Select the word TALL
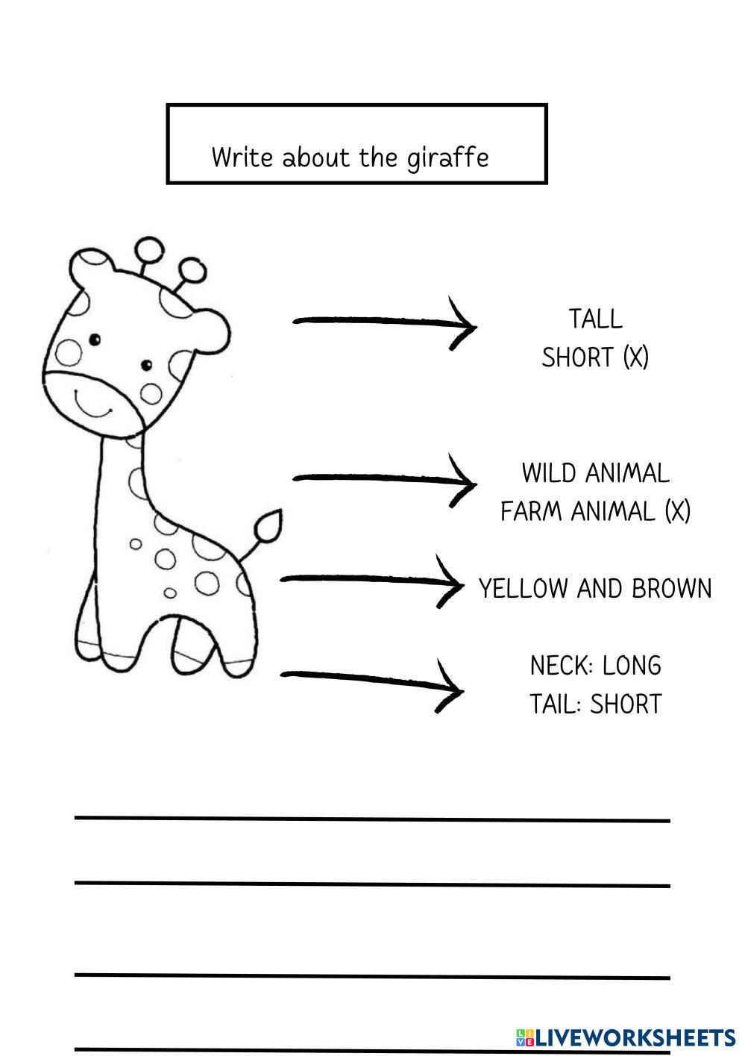point(595,319)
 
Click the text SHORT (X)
point(595,357)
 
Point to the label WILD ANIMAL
point(595,473)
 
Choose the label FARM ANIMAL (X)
point(595,511)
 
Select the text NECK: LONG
point(595,665)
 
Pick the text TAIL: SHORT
point(595,704)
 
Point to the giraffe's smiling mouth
point(93,406)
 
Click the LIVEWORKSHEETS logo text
point(634,1037)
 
